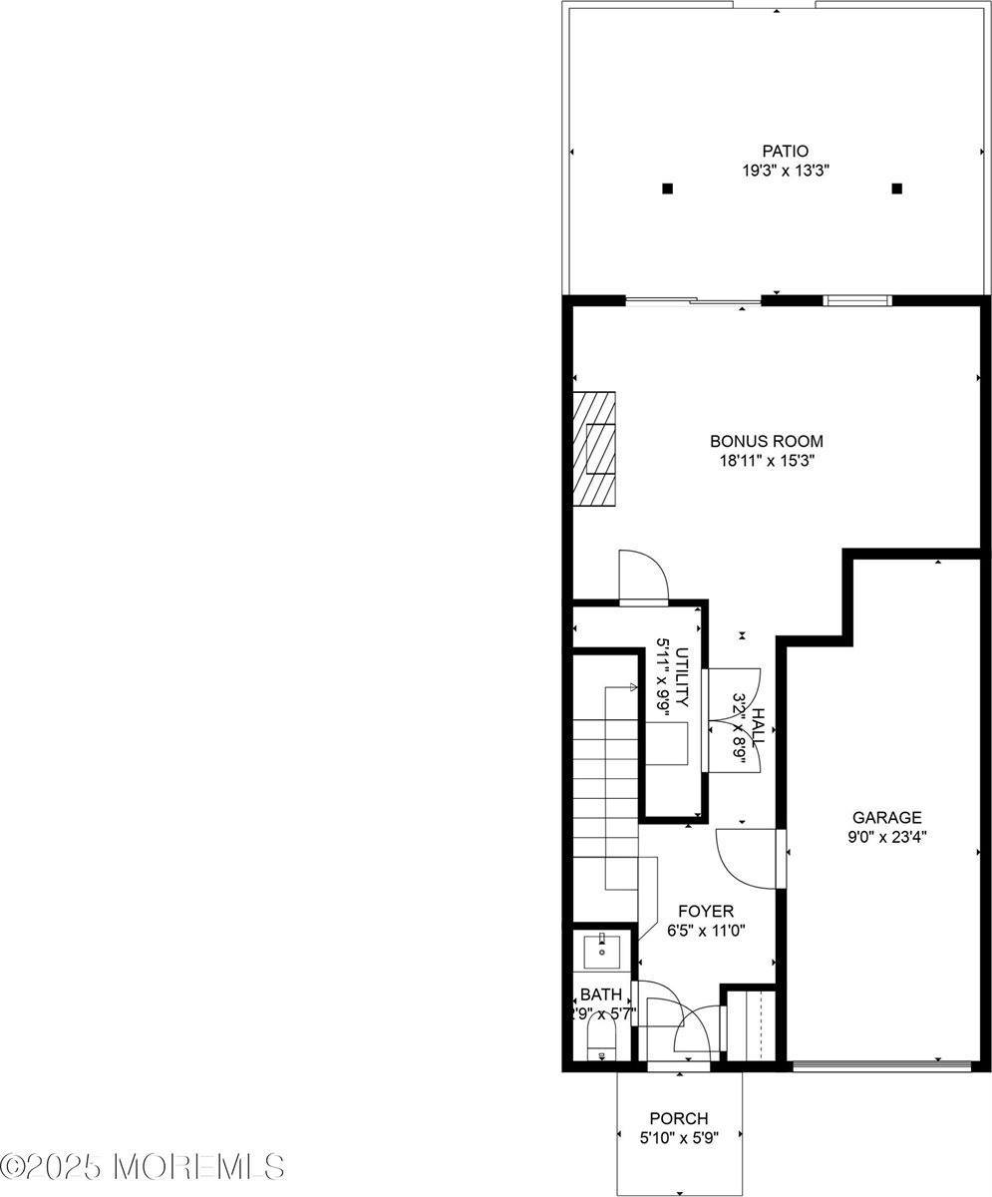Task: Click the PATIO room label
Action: pos(786,152)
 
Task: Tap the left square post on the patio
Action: pos(668,189)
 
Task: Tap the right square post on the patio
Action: pos(896,189)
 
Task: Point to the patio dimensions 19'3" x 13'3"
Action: pos(786,171)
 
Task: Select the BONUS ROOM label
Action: pos(766,441)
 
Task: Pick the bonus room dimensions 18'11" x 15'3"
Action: pos(766,461)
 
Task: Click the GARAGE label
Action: pos(885,818)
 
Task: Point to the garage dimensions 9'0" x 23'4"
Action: pos(885,838)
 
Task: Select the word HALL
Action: pos(758,728)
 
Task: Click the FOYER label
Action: pos(705,911)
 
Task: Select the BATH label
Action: pos(601,995)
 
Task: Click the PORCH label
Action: pos(679,1118)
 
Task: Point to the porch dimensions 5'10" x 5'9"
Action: pos(679,1137)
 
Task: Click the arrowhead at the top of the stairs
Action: pos(633,686)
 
